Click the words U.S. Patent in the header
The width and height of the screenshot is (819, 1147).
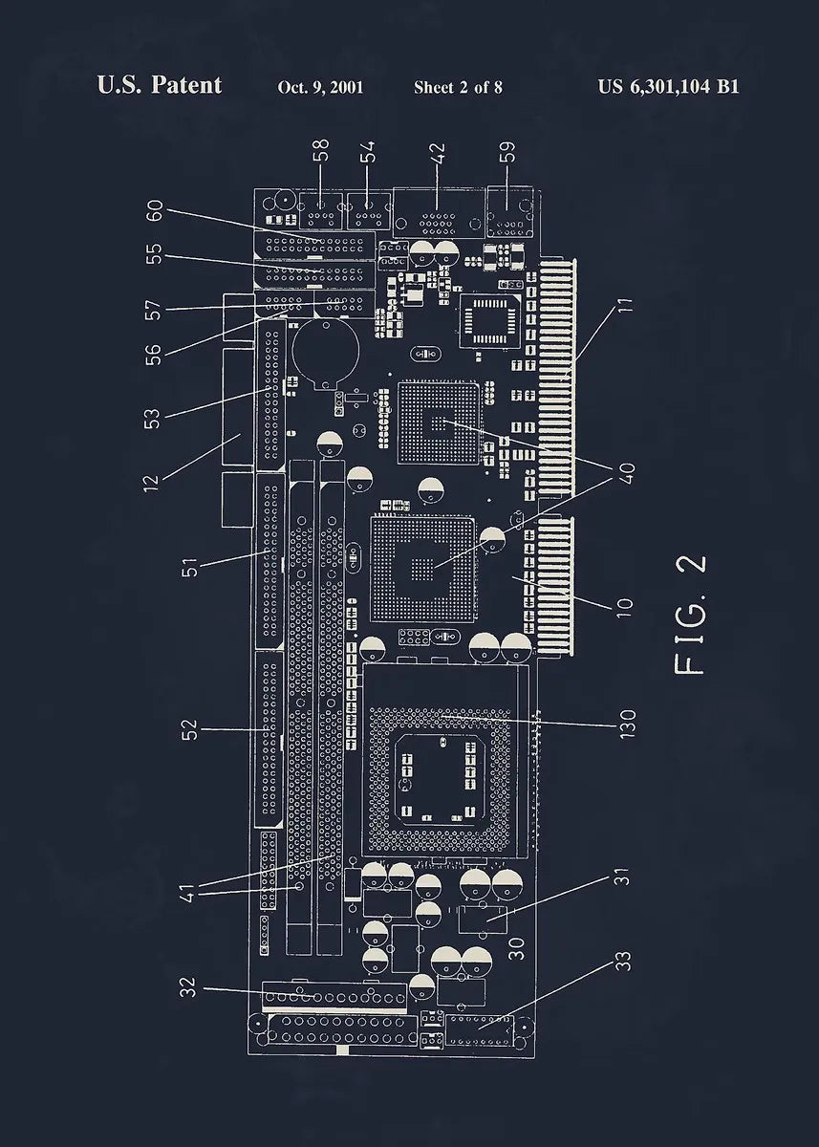[159, 85]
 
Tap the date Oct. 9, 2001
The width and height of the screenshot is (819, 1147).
[320, 87]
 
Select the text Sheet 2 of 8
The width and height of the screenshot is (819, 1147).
[458, 87]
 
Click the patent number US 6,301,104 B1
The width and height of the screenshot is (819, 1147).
[668, 86]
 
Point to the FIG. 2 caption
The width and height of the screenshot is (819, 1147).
[691, 615]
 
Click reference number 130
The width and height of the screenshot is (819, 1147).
[627, 724]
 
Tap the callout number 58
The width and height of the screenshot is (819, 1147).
[321, 151]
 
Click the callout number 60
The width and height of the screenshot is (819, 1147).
[153, 211]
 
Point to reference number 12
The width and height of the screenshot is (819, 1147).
[151, 477]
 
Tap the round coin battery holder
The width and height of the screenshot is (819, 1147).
[324, 351]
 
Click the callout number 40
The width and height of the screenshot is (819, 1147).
[627, 473]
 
